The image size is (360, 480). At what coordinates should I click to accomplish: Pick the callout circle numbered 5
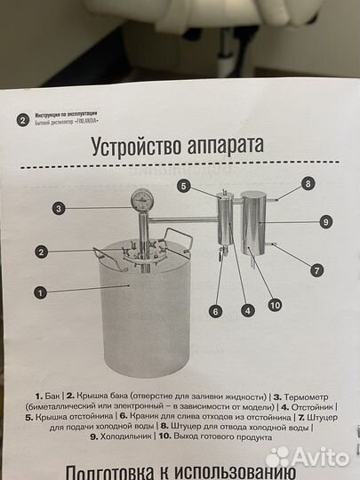[183, 186]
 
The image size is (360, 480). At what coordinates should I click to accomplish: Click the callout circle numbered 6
[214, 311]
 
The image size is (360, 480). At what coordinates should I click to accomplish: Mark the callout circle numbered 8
[308, 184]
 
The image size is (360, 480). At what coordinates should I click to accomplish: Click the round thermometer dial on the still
[141, 198]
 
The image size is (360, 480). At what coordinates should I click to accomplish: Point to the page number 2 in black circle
[22, 119]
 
